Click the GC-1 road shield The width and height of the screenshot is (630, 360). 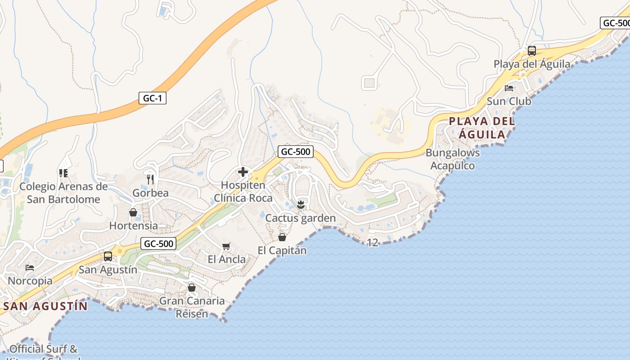point(152,98)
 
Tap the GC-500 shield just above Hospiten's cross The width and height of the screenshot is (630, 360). point(295,152)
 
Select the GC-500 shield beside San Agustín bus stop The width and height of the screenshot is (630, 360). point(158,244)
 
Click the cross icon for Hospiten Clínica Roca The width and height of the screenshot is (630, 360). point(243,172)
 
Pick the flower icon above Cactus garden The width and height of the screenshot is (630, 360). point(301,205)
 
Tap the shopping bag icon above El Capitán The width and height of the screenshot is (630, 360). point(282,237)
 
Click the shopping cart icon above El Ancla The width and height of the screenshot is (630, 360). point(226,246)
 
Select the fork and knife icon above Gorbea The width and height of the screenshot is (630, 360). point(150,180)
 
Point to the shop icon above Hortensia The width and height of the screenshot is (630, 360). point(133,212)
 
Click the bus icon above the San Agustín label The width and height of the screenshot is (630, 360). point(108,256)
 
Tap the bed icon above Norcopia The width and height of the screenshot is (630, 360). point(30,267)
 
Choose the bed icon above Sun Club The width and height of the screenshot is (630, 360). point(509,88)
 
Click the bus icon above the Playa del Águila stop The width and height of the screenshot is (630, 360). point(532,50)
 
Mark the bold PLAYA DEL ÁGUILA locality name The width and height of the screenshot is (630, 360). point(482,127)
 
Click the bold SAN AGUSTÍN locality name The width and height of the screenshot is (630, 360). point(45,306)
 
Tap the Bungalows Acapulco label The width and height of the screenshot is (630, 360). point(453,159)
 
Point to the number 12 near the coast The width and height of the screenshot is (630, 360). point(373,243)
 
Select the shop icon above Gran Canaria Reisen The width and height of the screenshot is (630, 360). point(192,288)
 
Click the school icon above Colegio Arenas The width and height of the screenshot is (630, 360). point(63,173)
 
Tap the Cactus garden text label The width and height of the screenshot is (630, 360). point(301,218)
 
